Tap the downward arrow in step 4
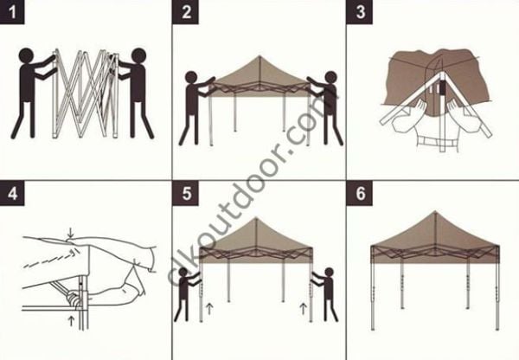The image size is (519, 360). pyautogui.click(x=70, y=233)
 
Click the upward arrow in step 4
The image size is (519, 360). pyautogui.click(x=70, y=321)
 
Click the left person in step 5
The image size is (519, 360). pyautogui.click(x=187, y=294)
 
